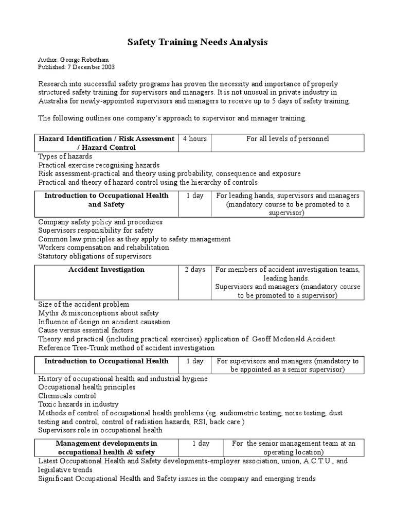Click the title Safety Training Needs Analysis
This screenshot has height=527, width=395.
tap(197, 43)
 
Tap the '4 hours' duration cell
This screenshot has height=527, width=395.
tap(194, 139)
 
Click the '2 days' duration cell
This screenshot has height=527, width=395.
tap(195, 270)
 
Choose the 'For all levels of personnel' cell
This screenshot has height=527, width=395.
tap(287, 139)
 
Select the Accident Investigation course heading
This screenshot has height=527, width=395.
tap(106, 270)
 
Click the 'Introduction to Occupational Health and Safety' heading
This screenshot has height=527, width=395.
tap(106, 200)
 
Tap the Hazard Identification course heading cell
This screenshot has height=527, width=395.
tap(106, 143)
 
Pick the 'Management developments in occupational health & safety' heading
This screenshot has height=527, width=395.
tap(106, 447)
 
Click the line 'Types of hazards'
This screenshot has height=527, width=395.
tap(65, 156)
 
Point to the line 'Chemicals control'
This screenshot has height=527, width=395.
tap(67, 396)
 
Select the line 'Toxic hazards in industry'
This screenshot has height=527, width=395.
tap(78, 405)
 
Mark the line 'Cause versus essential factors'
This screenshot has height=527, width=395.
tap(85, 330)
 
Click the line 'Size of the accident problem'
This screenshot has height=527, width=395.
tap(84, 304)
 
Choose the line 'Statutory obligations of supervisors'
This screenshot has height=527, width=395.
tap(95, 256)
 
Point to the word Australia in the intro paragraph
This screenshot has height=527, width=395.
tap(53, 101)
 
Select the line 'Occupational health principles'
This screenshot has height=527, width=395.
tap(87, 387)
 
